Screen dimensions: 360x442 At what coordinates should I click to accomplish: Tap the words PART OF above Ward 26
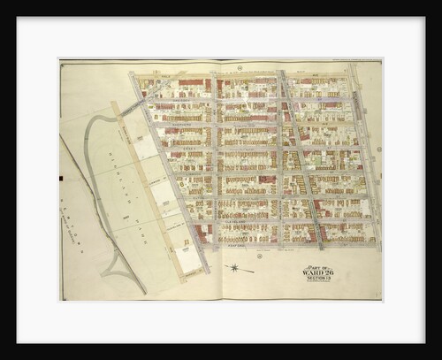click(x=317, y=266)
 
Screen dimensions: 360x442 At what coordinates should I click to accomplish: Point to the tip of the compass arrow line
click(x=254, y=270)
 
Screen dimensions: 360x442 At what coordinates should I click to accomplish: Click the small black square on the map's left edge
click(x=62, y=178)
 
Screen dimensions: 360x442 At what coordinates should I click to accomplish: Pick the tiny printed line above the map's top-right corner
click(x=354, y=61)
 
